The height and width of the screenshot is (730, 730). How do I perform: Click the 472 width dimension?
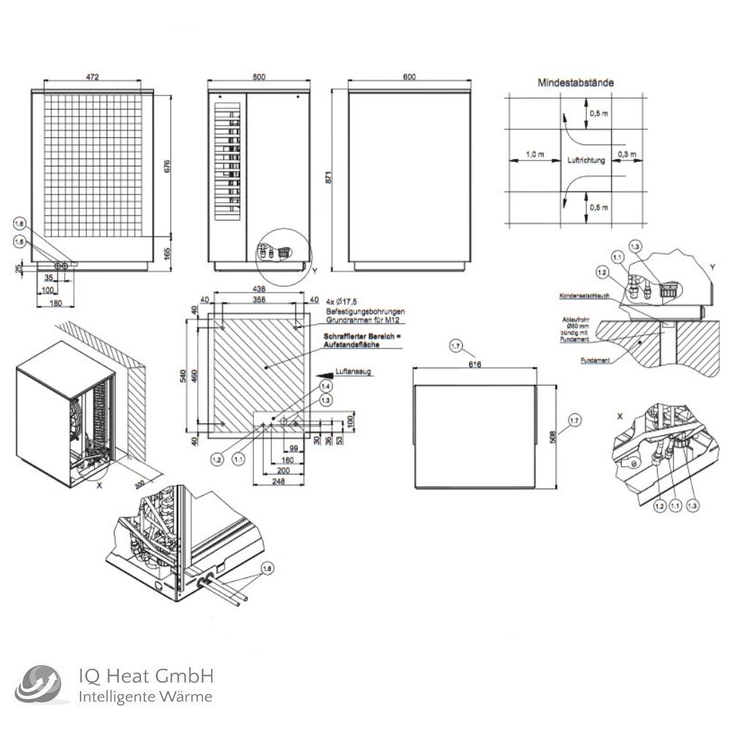(x=92, y=77)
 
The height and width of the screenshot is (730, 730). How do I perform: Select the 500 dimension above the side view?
(x=258, y=77)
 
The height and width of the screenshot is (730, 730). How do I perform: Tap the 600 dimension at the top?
(x=409, y=77)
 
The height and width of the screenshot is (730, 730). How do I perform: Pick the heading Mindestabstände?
(x=575, y=83)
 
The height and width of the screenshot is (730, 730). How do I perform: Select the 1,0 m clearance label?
(x=535, y=154)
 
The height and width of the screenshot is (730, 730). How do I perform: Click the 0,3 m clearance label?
(x=626, y=154)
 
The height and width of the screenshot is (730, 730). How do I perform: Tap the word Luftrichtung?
(x=585, y=160)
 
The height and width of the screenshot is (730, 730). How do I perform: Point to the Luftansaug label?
(x=353, y=372)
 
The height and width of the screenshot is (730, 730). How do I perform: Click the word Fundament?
(x=594, y=361)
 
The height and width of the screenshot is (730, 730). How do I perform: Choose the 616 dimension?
(x=474, y=364)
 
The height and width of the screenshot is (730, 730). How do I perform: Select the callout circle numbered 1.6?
(x=20, y=224)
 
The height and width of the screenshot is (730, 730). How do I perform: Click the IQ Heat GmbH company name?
(x=145, y=676)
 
